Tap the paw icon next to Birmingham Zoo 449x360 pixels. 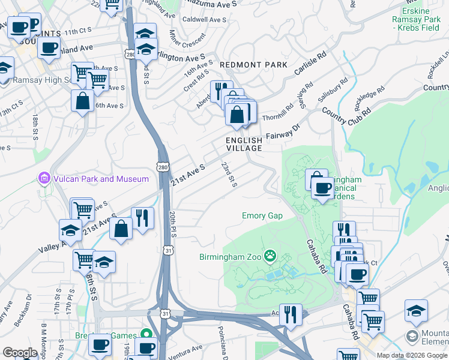tap(271, 257)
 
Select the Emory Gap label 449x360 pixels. tap(262, 216)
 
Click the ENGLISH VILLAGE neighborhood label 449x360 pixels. tap(244, 144)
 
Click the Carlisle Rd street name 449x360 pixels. tap(310, 63)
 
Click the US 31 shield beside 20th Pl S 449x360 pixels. tap(166, 250)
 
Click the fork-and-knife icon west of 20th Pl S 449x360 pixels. tap(142, 218)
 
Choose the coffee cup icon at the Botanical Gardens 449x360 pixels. tap(323, 189)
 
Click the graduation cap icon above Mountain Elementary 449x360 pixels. tap(416, 310)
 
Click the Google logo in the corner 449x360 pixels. tap(20, 353)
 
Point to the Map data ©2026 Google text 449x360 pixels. tap(412, 355)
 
